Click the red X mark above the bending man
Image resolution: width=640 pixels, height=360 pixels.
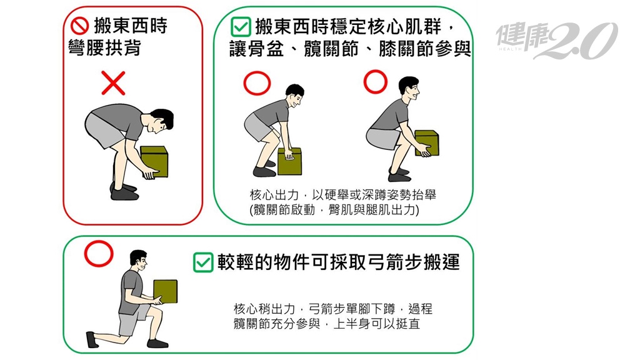(x=113, y=83)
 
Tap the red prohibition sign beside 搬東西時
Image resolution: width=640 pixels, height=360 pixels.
(x=79, y=26)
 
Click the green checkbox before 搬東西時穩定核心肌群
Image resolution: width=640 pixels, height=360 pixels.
(x=241, y=27)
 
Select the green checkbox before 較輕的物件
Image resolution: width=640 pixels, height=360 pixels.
(x=203, y=262)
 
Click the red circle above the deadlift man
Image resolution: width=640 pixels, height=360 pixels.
(x=257, y=83)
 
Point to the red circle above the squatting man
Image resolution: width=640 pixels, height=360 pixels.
(x=376, y=82)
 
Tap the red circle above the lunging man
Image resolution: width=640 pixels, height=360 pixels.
(x=99, y=254)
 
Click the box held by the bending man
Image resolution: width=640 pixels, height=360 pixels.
(x=154, y=162)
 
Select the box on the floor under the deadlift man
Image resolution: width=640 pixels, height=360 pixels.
(x=290, y=162)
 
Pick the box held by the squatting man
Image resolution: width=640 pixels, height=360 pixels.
(x=427, y=143)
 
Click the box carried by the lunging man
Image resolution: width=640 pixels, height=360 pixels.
(x=165, y=291)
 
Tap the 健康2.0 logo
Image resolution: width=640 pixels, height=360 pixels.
(x=556, y=40)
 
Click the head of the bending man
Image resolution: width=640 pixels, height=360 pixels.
(x=161, y=121)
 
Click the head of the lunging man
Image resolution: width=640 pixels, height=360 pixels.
(x=138, y=261)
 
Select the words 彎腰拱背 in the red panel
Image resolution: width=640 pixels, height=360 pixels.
(x=104, y=48)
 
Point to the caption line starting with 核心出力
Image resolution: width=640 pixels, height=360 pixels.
(x=343, y=195)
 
